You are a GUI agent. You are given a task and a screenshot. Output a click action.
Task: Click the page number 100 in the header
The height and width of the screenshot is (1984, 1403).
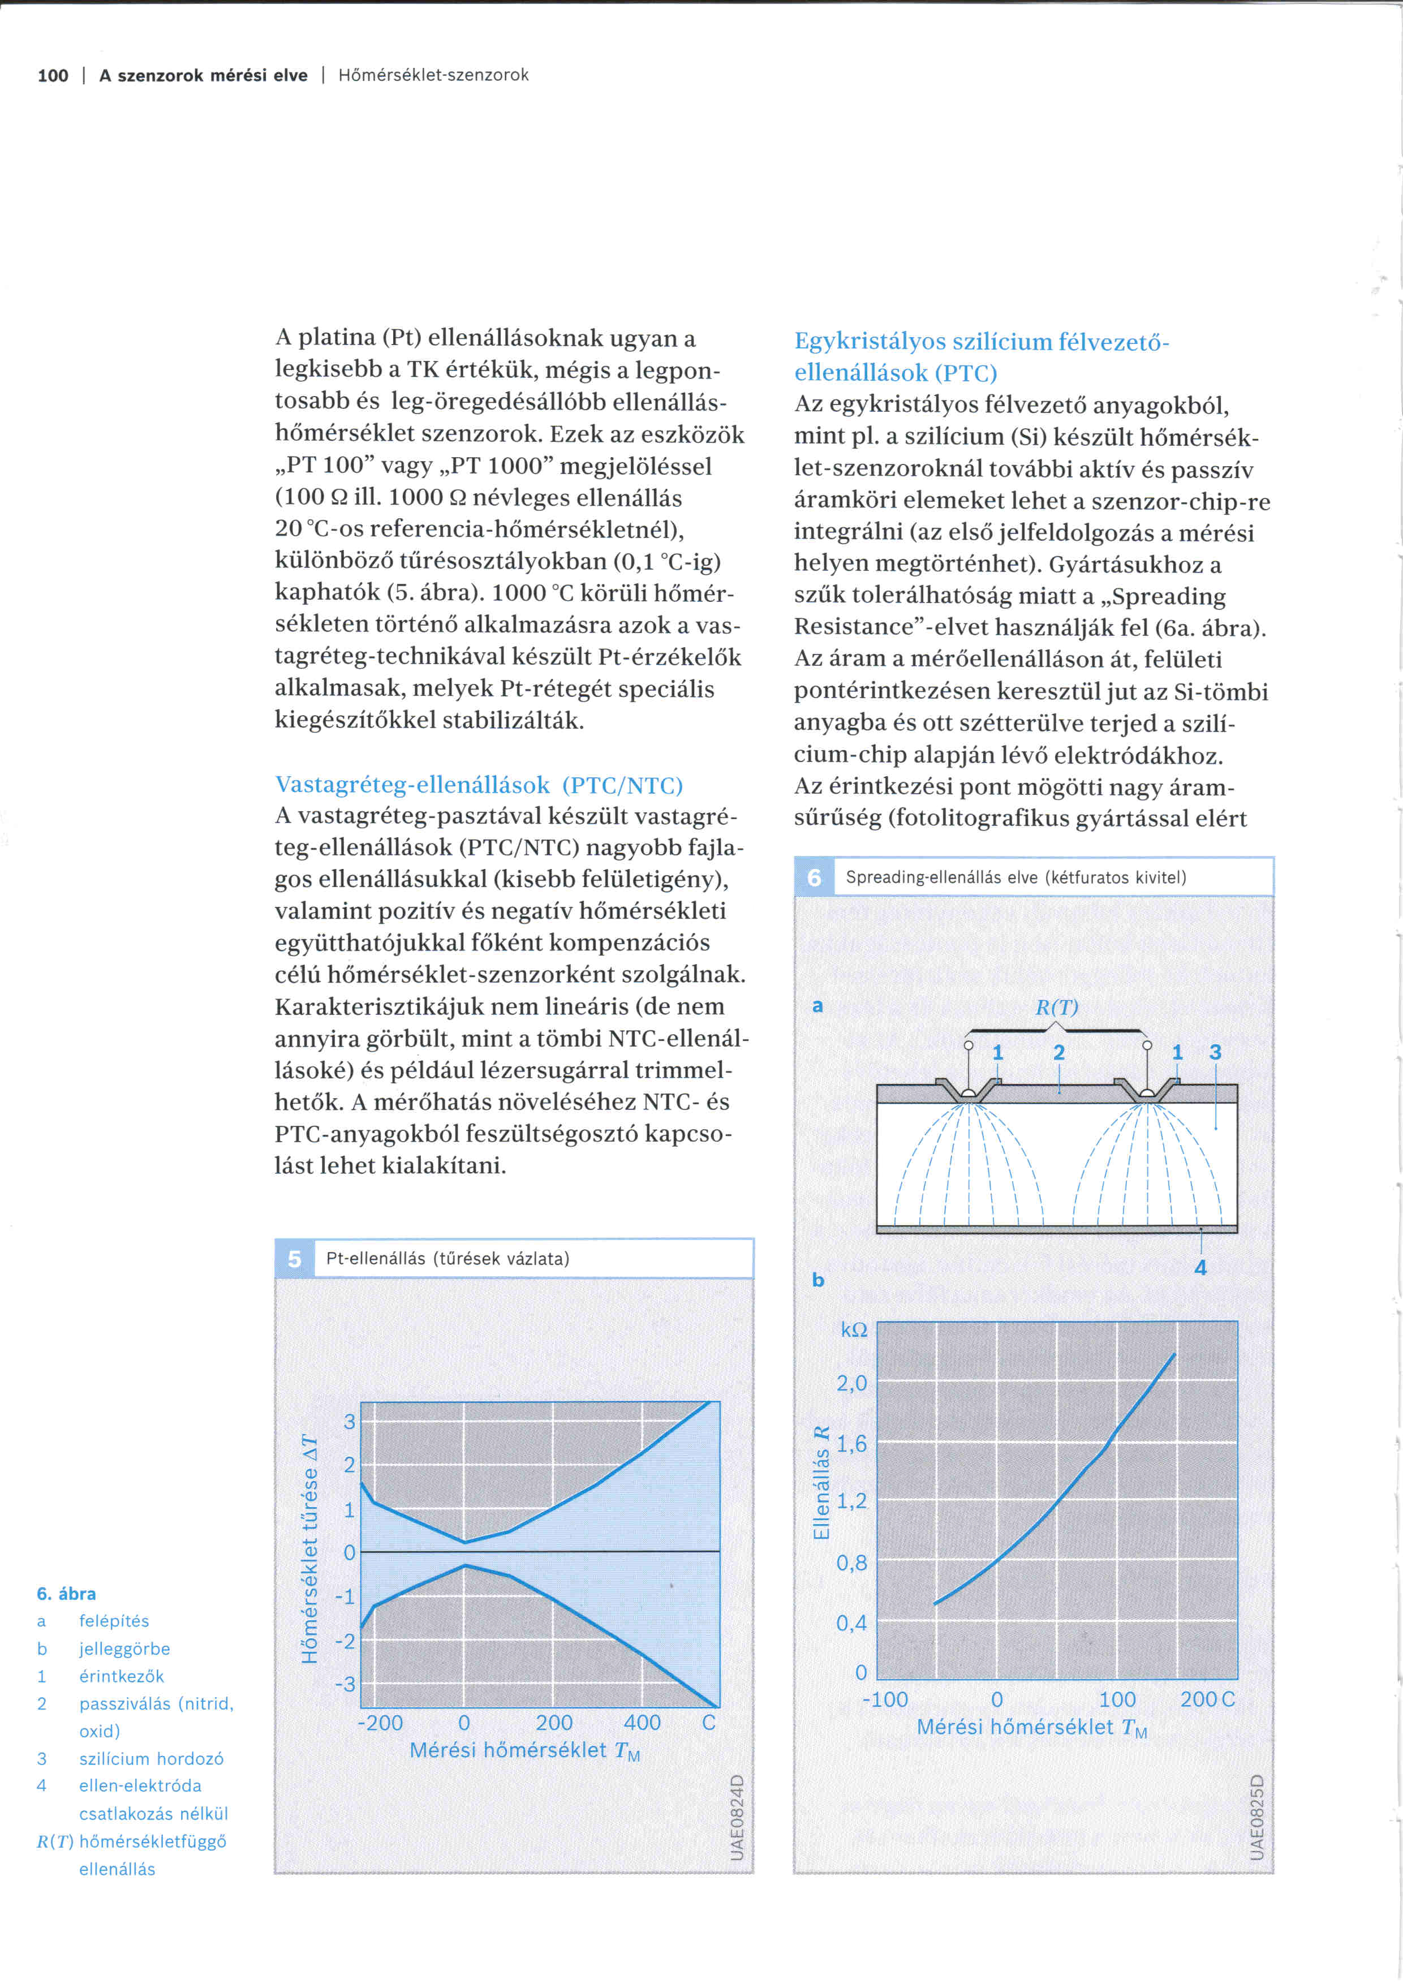click(53, 76)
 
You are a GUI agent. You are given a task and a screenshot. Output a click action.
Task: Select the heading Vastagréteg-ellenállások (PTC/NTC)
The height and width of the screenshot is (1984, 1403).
click(479, 785)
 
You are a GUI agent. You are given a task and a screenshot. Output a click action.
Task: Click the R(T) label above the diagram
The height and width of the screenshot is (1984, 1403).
click(1057, 1008)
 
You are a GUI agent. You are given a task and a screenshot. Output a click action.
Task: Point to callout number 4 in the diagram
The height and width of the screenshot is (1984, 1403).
click(1200, 1268)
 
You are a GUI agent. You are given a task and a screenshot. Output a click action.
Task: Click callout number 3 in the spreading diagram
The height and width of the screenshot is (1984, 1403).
click(1215, 1052)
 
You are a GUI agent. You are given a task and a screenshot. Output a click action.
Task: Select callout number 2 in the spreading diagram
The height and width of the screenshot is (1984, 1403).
click(1058, 1052)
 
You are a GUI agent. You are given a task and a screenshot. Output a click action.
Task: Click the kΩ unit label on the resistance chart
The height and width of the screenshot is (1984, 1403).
click(854, 1330)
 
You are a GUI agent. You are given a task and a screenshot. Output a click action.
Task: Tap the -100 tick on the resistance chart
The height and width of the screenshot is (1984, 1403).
click(885, 1699)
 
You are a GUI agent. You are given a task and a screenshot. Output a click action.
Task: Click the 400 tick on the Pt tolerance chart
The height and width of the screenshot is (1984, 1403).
click(642, 1722)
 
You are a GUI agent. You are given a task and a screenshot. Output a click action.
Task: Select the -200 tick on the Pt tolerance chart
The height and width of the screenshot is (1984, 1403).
click(381, 1722)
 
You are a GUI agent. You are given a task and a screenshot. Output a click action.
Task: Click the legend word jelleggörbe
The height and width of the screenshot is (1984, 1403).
click(124, 1649)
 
